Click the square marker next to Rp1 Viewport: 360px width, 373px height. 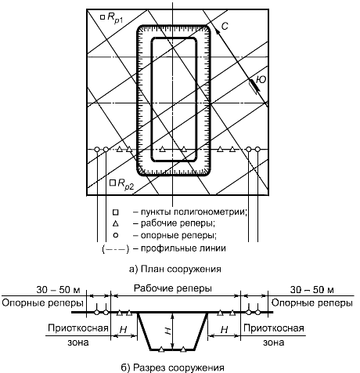(x=103, y=17)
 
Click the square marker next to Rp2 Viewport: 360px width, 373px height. (x=113, y=183)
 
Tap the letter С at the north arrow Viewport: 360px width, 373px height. (x=225, y=26)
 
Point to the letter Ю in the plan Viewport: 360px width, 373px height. (x=261, y=79)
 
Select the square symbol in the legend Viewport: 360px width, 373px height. (x=116, y=212)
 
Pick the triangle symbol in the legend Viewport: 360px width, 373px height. (x=116, y=224)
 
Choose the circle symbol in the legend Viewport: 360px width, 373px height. (x=116, y=235)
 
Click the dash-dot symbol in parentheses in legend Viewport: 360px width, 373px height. (x=116, y=249)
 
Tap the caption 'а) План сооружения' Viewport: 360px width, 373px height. (x=175, y=269)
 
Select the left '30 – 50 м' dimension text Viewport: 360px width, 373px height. (x=58, y=290)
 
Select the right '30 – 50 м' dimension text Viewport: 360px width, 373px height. (x=311, y=290)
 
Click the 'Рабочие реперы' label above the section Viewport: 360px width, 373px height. (x=173, y=288)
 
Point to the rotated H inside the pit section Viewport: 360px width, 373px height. (x=169, y=331)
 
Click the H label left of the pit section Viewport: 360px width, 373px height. (x=123, y=330)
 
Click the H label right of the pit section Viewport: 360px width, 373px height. (x=225, y=330)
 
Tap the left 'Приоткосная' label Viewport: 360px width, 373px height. (x=78, y=328)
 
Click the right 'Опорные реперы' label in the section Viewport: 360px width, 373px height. (x=312, y=303)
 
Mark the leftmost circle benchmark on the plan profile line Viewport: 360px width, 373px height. (x=97, y=150)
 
